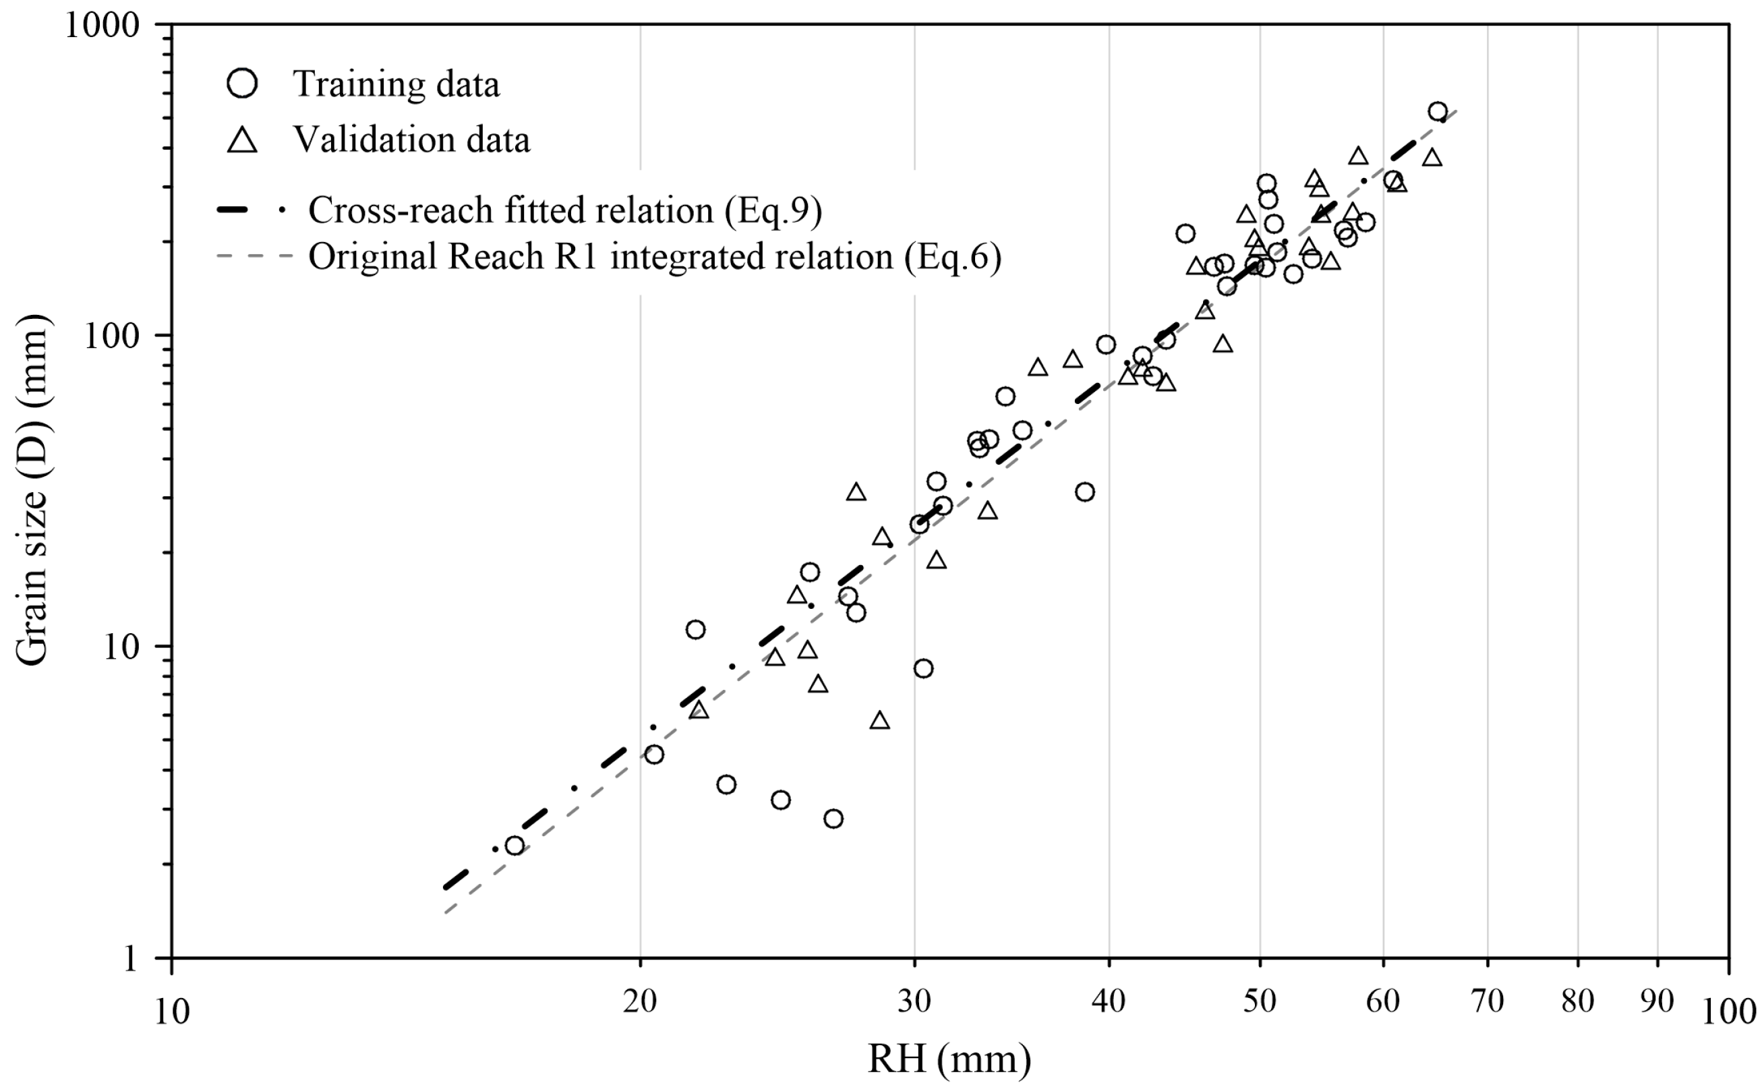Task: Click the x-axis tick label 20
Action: point(640,1000)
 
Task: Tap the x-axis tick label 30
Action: point(914,1000)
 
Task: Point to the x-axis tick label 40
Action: point(1109,1000)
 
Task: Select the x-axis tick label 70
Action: point(1488,1000)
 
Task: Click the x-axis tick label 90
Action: point(1657,1000)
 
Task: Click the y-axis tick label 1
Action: point(130,959)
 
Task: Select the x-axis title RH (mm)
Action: point(949,1059)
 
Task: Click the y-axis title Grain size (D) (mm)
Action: point(32,490)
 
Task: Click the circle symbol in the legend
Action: point(242,84)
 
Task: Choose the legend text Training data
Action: point(396,84)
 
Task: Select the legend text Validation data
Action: point(411,140)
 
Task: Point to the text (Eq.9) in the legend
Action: point(773,210)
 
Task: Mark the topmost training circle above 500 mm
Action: point(1438,111)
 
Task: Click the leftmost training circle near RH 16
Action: point(514,846)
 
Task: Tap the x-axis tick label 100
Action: point(1728,1012)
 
